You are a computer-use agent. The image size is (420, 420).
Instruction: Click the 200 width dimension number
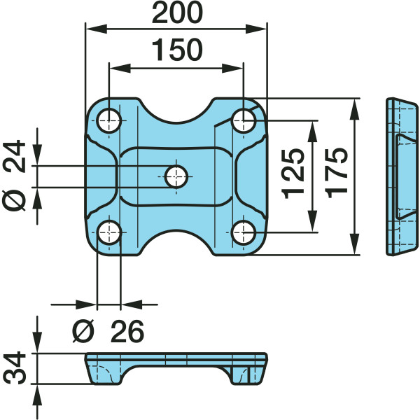click(x=177, y=13)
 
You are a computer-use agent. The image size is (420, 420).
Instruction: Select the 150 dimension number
click(x=177, y=50)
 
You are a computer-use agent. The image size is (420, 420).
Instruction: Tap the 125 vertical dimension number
click(x=293, y=174)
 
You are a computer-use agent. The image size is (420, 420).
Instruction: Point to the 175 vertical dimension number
click(x=337, y=173)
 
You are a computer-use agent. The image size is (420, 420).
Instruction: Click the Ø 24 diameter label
click(x=14, y=175)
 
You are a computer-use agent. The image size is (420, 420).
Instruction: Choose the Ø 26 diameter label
click(x=108, y=331)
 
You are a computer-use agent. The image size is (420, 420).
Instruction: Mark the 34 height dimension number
click(x=15, y=368)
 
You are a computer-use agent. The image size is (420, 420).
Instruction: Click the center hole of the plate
click(x=176, y=176)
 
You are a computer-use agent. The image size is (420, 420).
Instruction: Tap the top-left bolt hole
click(x=108, y=121)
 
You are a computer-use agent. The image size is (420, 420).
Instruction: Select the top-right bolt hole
click(x=243, y=121)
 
